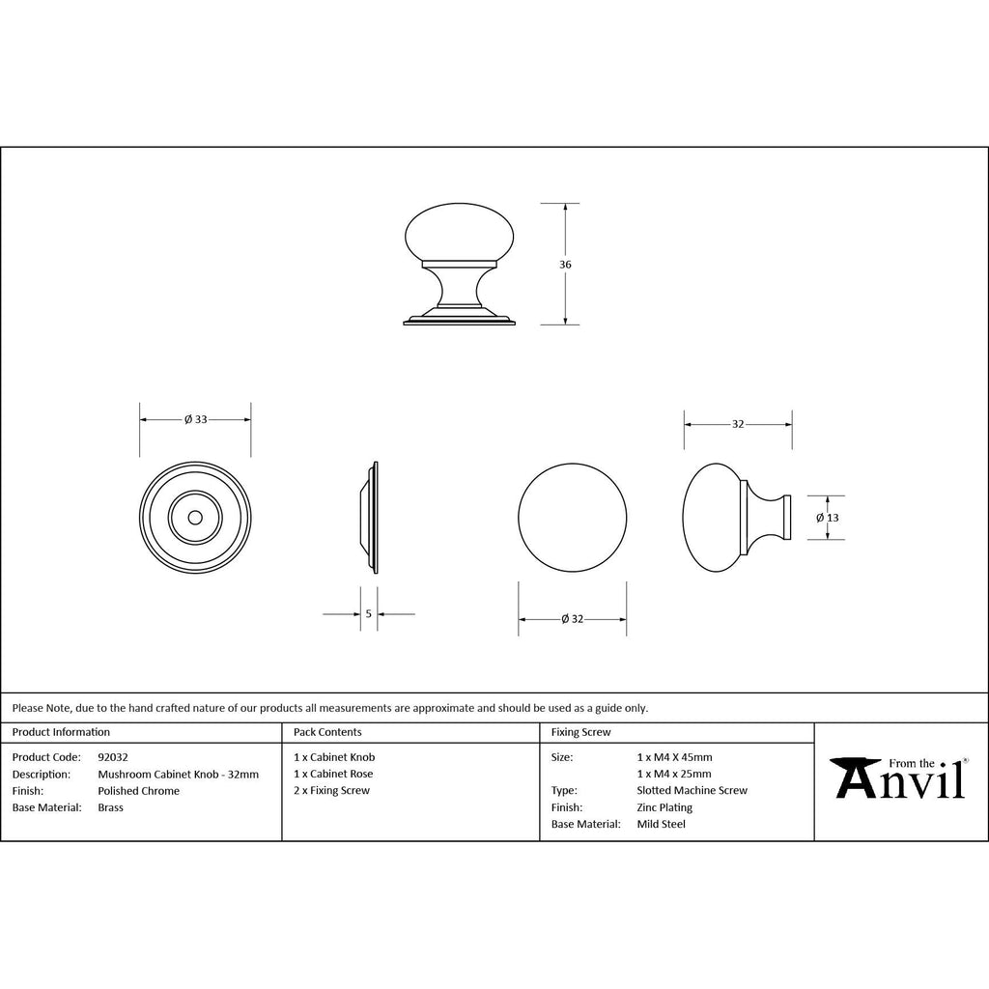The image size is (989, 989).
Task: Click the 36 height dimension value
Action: point(565,265)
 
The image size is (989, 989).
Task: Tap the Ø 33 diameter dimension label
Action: point(195,419)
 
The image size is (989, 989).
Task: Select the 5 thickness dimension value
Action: point(369,613)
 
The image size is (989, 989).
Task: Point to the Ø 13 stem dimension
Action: point(828,518)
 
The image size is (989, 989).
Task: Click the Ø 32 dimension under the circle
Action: point(572,619)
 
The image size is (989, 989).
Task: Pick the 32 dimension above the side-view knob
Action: point(738,425)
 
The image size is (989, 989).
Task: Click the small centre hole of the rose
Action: point(195,518)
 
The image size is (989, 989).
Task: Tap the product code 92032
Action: point(113,757)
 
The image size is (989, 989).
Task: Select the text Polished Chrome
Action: point(139,791)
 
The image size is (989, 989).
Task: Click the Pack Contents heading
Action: point(327,732)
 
